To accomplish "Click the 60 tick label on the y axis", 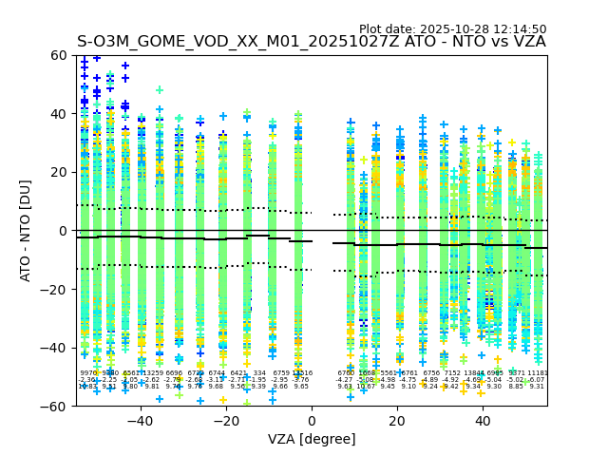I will (x=58, y=55).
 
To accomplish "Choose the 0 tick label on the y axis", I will (x=63, y=231).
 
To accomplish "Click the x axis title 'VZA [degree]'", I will (x=312, y=439).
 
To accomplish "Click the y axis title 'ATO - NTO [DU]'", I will (x=26, y=231).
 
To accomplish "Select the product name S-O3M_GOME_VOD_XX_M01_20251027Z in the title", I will (x=238, y=42).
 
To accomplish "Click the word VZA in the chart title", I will (x=527, y=42).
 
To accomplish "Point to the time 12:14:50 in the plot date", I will (x=520, y=29).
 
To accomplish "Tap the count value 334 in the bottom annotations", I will (x=259, y=373).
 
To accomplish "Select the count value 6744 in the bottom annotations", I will (x=217, y=373).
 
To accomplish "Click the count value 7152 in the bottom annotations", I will (x=452, y=373).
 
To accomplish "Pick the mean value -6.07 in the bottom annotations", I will (x=537, y=380).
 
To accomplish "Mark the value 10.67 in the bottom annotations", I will (x=366, y=387).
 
